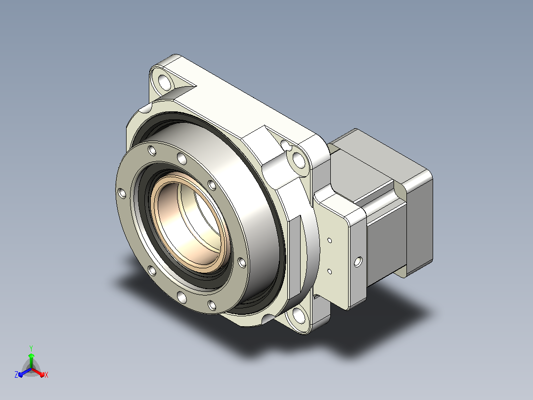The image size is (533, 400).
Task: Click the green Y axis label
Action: tap(31, 348)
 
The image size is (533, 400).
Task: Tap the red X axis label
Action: tap(46, 375)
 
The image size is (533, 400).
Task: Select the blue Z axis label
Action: tap(16, 374)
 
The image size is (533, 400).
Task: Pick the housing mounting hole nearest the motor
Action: tap(299, 159)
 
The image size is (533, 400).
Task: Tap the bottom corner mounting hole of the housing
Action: tap(299, 314)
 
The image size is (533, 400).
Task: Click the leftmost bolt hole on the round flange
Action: tap(122, 194)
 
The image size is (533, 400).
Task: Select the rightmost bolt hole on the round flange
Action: tap(242, 262)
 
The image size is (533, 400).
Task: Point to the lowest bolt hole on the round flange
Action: tap(212, 305)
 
